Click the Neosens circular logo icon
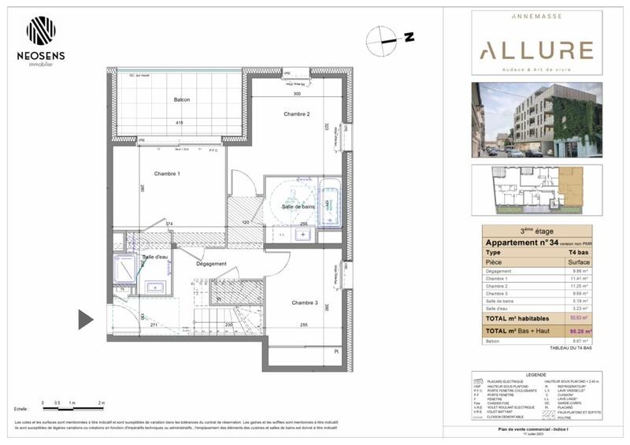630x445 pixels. click(41, 31)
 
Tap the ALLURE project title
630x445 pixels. click(536, 51)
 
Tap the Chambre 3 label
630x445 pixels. click(304, 302)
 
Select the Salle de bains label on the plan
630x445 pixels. click(299, 206)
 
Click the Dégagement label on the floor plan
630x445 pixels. click(211, 264)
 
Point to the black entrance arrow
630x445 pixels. click(85, 319)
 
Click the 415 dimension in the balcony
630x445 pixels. click(180, 123)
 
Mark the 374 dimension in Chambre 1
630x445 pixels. click(169, 224)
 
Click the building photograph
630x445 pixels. click(536, 120)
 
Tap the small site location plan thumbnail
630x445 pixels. click(536, 190)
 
